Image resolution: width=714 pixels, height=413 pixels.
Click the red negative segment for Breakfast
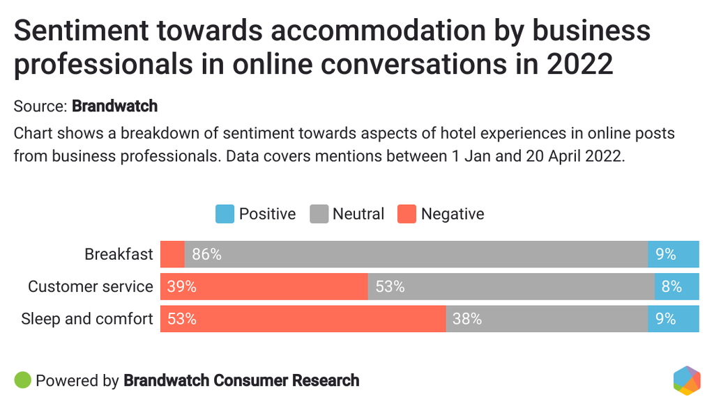click(172, 254)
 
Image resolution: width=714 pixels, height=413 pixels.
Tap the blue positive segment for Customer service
click(676, 286)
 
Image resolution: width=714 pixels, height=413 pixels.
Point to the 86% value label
click(206, 254)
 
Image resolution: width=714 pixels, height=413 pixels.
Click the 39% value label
click(181, 286)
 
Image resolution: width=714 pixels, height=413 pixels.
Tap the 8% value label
click(672, 286)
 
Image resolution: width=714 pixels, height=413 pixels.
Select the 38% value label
click(467, 319)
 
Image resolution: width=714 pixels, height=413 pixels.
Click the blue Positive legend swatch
click(225, 214)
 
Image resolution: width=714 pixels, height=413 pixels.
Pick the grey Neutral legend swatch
click(319, 214)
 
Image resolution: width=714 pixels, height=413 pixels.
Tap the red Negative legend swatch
click(407, 214)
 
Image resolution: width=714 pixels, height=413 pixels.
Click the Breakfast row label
click(119, 254)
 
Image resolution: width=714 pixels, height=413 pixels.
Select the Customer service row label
click(90, 286)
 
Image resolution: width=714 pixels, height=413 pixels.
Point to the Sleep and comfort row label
click(87, 319)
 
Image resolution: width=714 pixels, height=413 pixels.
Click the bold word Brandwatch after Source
click(115, 107)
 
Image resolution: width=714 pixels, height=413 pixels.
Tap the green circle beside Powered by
click(22, 380)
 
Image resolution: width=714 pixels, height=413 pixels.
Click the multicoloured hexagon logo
click(687, 380)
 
